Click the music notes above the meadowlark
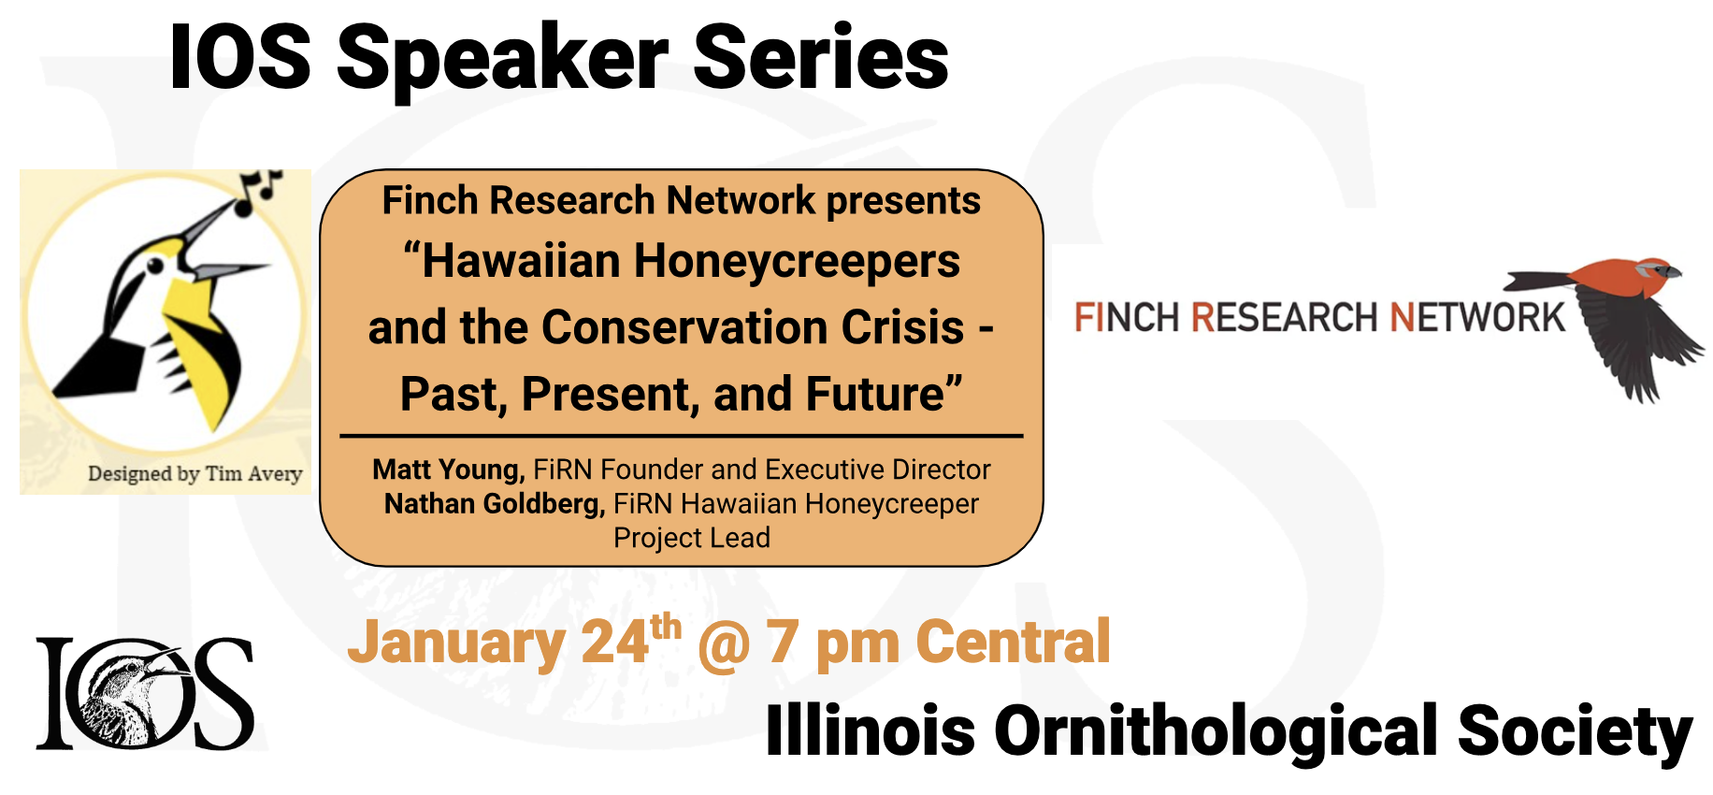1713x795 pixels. (259, 190)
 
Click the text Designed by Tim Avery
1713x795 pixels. (195, 473)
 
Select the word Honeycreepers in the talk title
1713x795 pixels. (797, 262)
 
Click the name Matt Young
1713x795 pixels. (449, 470)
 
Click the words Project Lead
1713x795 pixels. (692, 538)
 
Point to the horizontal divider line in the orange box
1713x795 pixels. (682, 436)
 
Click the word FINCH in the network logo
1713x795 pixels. (1127, 318)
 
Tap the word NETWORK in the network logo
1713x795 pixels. (1477, 318)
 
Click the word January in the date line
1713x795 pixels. (455, 643)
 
